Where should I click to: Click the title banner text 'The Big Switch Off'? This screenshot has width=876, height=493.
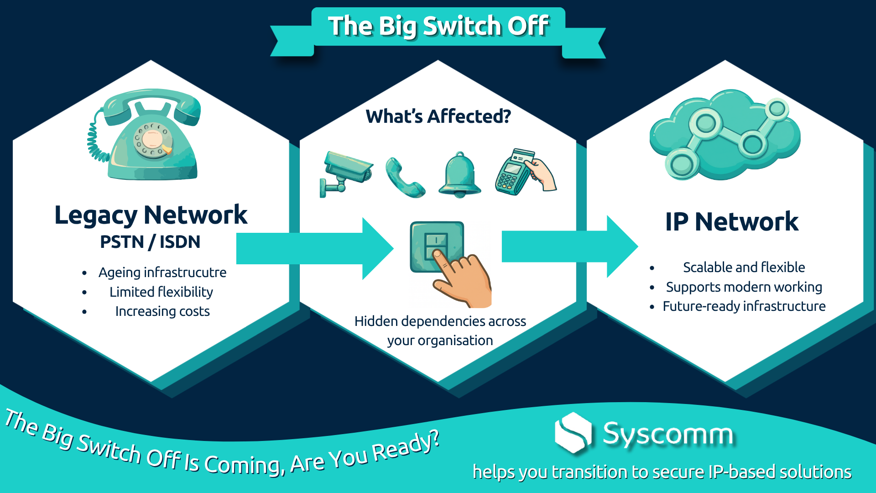pos(438,26)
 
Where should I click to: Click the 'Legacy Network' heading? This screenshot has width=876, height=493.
pos(151,215)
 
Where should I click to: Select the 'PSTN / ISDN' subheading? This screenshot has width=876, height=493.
pos(150,242)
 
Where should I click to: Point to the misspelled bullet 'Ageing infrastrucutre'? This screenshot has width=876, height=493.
pos(162,273)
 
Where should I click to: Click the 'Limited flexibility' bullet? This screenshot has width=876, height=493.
pos(161,292)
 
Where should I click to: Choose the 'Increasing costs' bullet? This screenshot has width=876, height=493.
pos(162,311)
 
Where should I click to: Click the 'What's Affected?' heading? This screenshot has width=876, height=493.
pos(438,116)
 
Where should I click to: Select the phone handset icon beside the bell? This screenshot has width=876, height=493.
pos(405,178)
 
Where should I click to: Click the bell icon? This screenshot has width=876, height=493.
pos(459,175)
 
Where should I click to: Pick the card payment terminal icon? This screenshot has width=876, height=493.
pos(525,172)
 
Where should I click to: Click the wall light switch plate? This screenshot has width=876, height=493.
pos(437,247)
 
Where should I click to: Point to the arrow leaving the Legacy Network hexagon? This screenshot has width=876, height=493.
pos(315,248)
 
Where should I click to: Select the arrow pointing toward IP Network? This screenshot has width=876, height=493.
pos(570,246)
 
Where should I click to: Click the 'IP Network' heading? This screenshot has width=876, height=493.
pos(732,222)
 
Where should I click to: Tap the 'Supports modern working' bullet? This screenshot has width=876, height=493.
pos(744,287)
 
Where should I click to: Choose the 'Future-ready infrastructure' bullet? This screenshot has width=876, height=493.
pos(744,306)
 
